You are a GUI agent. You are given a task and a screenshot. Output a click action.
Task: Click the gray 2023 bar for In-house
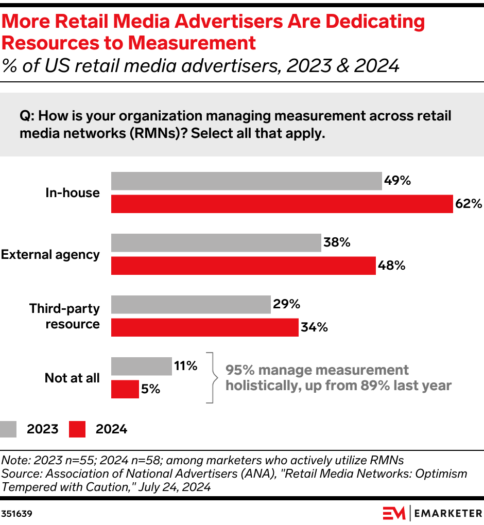coord(247,181)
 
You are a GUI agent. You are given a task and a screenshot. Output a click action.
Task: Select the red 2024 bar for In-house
coord(282,204)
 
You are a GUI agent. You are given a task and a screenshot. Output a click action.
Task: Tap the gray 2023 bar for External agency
coord(216,242)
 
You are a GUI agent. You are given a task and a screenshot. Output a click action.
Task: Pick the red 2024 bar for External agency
coord(244,266)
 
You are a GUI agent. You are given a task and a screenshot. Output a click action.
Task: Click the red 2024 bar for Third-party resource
coord(205,327)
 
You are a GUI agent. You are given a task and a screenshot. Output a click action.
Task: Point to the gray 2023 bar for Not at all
coord(142,366)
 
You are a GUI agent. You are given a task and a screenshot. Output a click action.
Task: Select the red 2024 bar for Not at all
coord(125,389)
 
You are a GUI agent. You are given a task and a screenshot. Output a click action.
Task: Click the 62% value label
coord(468,204)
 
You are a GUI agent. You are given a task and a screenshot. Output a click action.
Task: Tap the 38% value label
coord(337,242)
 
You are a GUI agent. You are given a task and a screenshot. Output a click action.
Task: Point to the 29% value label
coord(286,304)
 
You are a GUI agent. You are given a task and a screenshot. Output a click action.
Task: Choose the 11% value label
coord(185,366)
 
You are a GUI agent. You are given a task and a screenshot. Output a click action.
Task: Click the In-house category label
coord(73,192)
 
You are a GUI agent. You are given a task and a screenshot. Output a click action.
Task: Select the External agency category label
coord(50,254)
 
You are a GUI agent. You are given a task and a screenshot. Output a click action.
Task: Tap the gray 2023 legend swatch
coord(9,429)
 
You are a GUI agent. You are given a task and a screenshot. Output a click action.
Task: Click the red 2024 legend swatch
coord(77,429)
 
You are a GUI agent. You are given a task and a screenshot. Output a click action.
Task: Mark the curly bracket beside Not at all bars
coord(211,377)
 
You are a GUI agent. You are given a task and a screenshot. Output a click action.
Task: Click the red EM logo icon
coord(394,513)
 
